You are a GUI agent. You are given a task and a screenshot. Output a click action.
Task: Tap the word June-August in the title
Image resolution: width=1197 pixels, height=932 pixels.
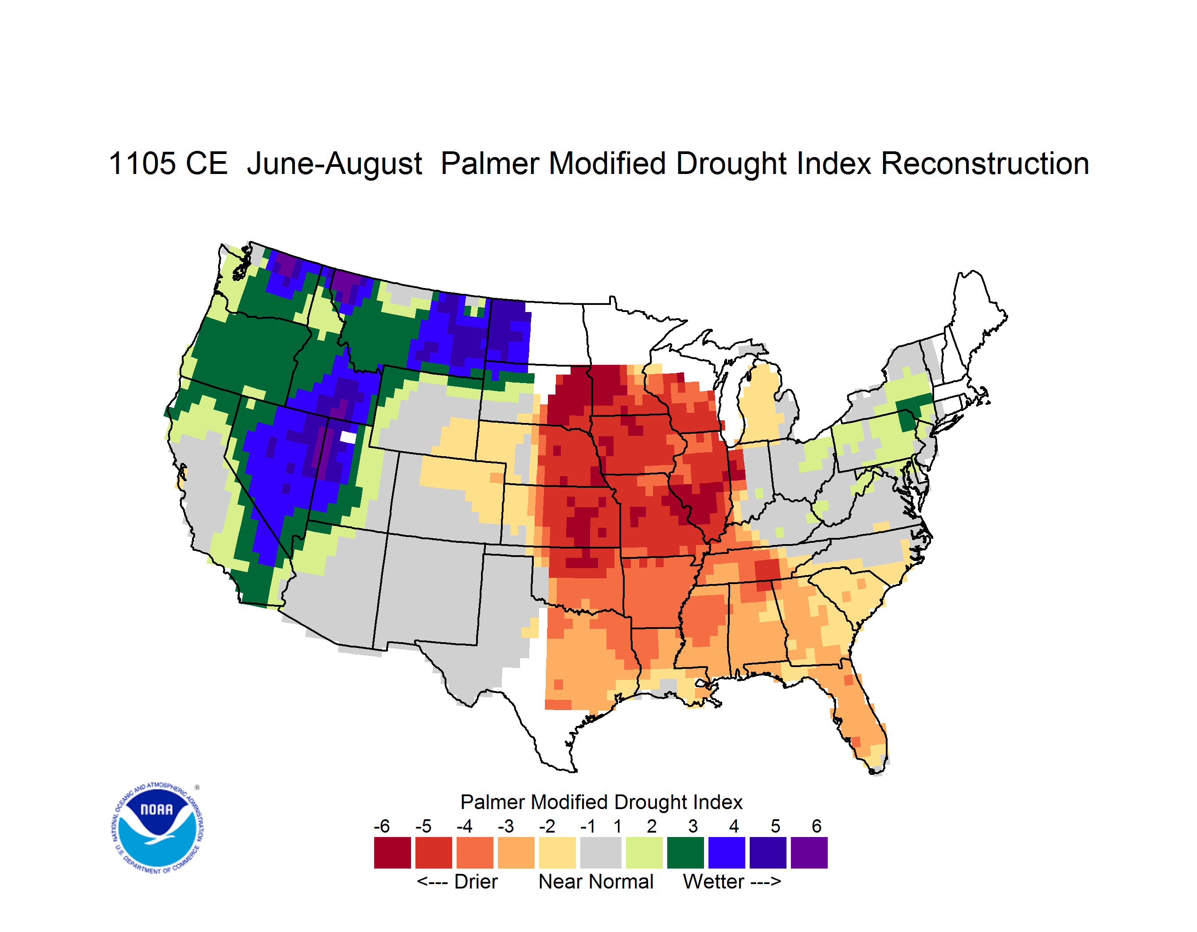pos(334,165)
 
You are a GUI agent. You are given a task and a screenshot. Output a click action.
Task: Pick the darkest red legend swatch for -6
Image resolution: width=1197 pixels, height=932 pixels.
pos(392,853)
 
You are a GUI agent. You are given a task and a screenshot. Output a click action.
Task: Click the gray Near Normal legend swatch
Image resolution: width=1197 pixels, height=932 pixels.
pos(601,853)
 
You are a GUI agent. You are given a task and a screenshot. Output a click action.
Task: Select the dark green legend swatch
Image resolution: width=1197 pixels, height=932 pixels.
pos(685,853)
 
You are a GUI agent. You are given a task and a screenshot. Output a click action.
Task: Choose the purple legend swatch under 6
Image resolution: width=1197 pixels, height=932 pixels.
pos(809,853)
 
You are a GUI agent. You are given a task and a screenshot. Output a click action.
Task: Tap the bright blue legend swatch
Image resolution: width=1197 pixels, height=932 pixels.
pos(727,853)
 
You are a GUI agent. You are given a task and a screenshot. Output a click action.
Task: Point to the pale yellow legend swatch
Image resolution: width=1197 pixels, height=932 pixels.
pos(557,853)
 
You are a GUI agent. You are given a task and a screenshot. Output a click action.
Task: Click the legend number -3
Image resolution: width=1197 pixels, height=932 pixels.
pos(505,825)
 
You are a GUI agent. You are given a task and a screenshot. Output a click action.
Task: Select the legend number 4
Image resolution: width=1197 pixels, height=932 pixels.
pos(734,825)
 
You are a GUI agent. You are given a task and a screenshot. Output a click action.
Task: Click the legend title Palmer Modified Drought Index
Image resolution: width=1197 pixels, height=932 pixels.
pos(601,802)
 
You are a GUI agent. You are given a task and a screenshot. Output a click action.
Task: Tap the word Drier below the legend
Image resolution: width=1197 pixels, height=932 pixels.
pos(476,881)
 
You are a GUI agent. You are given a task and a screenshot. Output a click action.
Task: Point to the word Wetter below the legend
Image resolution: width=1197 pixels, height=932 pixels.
pos(714,881)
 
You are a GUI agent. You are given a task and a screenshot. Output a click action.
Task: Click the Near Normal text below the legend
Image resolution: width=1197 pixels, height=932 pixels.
pos(596,881)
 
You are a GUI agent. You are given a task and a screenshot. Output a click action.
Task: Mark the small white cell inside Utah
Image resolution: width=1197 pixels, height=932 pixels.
pos(348,437)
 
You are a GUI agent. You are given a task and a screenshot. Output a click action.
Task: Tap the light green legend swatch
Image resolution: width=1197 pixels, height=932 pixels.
pos(644,853)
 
